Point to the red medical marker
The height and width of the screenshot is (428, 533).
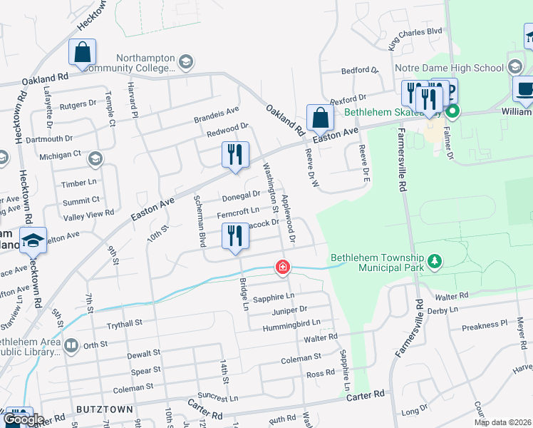(x=283, y=267)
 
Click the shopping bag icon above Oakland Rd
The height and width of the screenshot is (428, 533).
(x=83, y=53)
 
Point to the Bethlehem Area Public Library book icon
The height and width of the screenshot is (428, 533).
(x=71, y=346)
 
